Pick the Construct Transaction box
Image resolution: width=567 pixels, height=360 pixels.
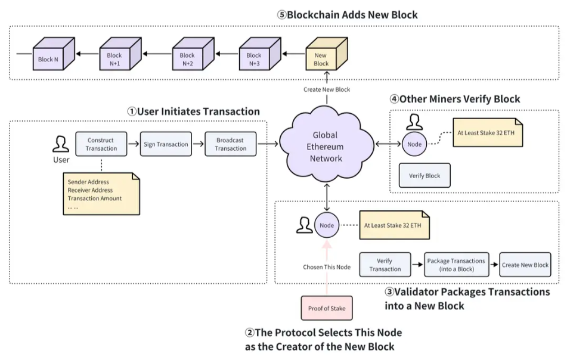pos(101,144)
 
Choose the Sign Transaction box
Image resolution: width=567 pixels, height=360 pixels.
pos(166,144)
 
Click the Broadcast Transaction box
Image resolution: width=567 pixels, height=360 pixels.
pos(230,144)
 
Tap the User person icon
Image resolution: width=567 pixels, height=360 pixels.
pos(61,144)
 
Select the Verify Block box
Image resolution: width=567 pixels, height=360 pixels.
pos(424,176)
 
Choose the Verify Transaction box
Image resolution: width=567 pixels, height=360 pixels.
pos(385,265)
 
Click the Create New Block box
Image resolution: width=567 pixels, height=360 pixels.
pos(525,265)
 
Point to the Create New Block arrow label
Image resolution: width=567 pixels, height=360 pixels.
pos(326,89)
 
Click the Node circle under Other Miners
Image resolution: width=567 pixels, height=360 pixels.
pos(414,144)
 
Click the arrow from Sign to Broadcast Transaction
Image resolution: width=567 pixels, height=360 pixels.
pos(198,144)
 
